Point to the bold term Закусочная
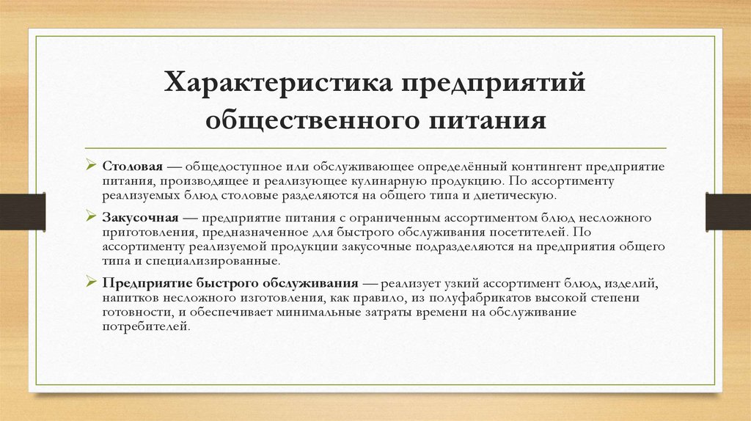tap(142, 218)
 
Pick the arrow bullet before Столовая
tap(91, 166)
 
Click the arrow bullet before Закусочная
tap(91, 217)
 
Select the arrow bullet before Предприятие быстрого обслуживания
tap(91, 282)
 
